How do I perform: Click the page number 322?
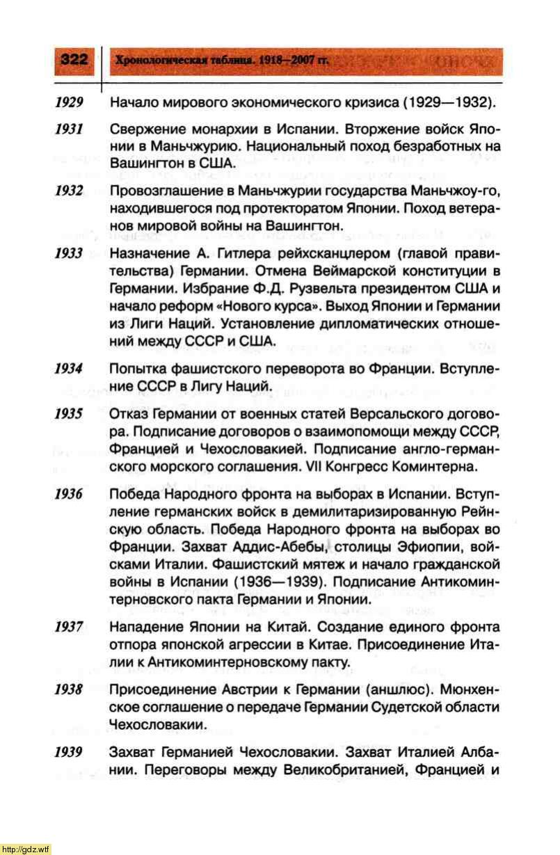tap(74, 60)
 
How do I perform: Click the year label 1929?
tap(70, 104)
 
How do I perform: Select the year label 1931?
tap(70, 131)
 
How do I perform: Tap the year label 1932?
tap(70, 191)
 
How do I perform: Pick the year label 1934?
tap(70, 367)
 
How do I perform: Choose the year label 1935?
tap(70, 413)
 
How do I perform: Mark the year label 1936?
tap(70, 495)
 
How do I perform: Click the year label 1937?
tap(70, 627)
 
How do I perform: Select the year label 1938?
tap(70, 689)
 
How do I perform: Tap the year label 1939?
tap(70, 752)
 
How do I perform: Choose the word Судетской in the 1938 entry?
tap(403, 707)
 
